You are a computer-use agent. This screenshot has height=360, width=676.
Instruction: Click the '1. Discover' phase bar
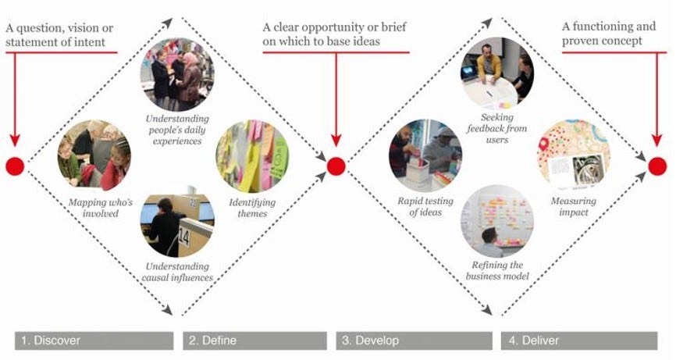point(94,340)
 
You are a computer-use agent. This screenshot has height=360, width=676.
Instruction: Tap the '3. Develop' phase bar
point(414,340)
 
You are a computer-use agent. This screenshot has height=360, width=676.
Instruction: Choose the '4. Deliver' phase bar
point(578,340)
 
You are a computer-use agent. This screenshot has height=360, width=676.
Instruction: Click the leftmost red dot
point(15,166)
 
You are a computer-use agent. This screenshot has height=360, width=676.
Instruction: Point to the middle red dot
point(336,166)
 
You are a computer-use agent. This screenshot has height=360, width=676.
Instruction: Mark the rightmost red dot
point(657,166)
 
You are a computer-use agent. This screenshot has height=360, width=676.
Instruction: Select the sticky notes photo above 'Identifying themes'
point(252,155)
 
